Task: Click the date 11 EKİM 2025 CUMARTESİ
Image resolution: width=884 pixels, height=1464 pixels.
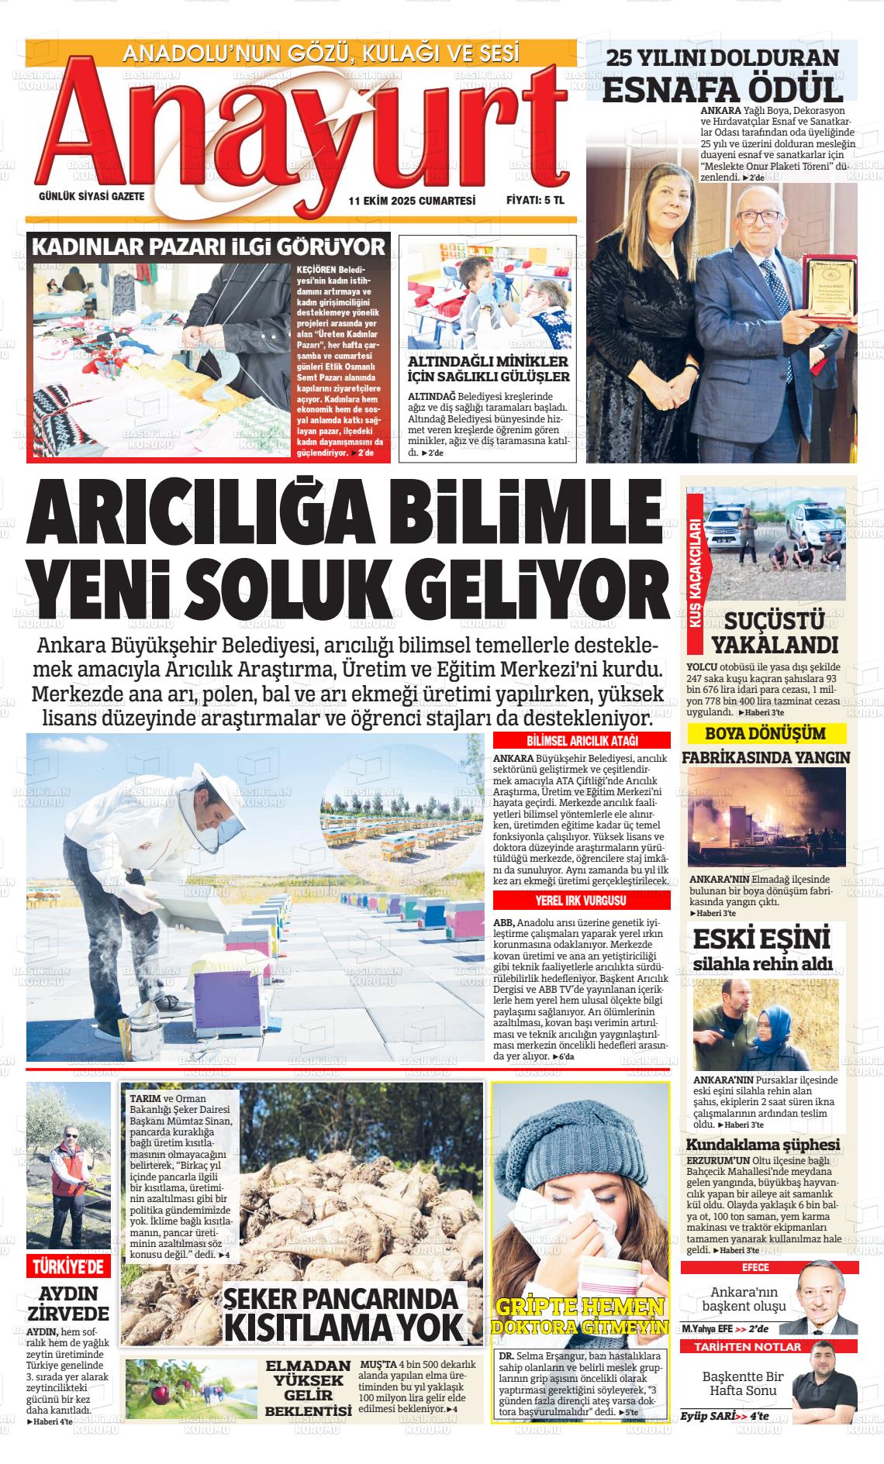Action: pos(412,200)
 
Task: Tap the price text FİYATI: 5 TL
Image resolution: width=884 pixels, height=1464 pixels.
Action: pos(535,200)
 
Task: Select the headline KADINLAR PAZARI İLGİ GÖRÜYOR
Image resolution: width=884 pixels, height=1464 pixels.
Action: pos(208,247)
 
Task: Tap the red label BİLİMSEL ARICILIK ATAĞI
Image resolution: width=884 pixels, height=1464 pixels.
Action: pos(581,740)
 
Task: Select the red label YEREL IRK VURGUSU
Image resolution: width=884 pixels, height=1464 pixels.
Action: pos(581,901)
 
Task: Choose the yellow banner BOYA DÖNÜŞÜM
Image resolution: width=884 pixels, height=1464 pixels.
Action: pos(765,733)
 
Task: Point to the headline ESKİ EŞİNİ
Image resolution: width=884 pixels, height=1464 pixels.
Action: pos(761,939)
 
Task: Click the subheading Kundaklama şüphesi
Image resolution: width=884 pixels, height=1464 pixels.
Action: pos(763,1145)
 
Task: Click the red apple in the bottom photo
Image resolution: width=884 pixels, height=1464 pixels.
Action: pos(161,1395)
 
